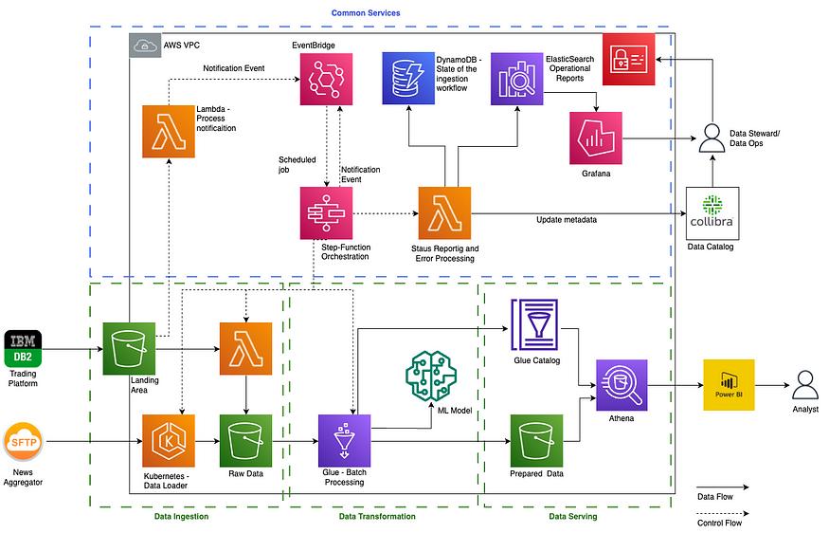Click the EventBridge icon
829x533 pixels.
pos(326,79)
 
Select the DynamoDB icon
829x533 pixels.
pos(407,79)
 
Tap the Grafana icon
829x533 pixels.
pos(595,138)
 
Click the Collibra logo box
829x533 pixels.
pos(712,212)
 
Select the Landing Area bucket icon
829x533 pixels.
pos(129,348)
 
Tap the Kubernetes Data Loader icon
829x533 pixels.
pos(168,440)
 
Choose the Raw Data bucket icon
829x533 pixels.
pos(245,440)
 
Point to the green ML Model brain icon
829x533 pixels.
pos(430,376)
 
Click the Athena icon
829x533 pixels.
pos(622,385)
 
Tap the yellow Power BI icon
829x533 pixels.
pos(728,385)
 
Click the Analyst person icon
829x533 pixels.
pos(804,385)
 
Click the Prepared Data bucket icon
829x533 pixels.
pos(537,440)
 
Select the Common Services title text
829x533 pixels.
pos(365,12)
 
